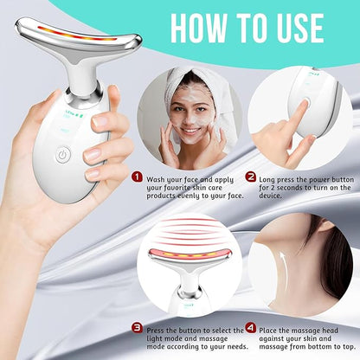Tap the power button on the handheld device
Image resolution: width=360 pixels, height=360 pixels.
(63, 156)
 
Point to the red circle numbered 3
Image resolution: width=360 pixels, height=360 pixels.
(136, 327)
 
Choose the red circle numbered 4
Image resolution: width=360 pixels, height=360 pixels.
(249, 327)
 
